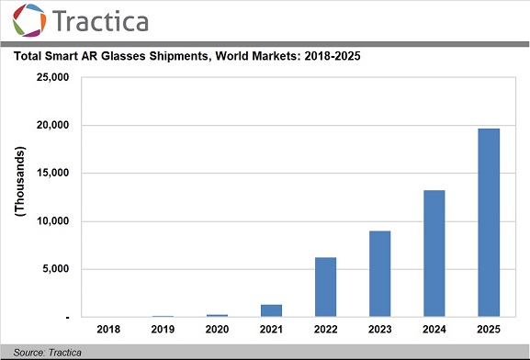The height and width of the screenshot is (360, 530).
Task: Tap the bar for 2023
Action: pos(379,274)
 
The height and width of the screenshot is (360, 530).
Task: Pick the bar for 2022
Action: pos(325,287)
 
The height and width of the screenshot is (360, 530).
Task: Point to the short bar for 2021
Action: pos(271,310)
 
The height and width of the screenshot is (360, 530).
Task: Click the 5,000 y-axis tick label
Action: pos(51,269)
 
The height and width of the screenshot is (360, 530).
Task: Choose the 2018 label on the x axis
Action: pos(109,330)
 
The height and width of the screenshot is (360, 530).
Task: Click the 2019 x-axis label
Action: pos(164,330)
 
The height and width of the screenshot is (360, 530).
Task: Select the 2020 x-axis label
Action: pos(217,330)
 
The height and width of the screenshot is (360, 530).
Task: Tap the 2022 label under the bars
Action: pos(325,330)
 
